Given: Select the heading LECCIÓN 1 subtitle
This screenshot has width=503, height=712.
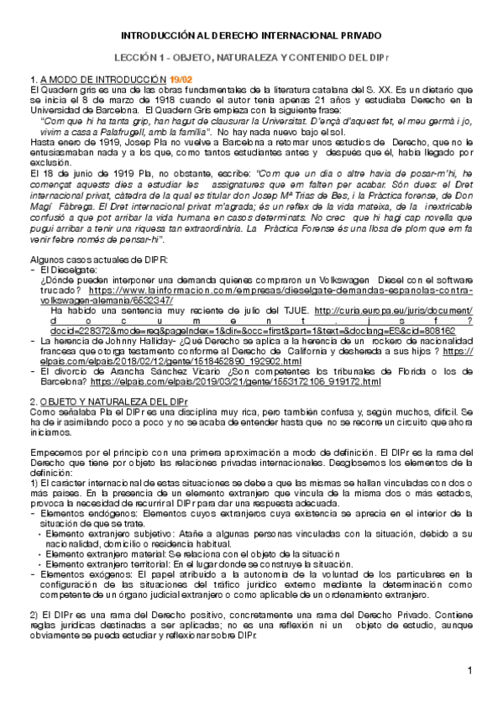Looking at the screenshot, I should [251, 58].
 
